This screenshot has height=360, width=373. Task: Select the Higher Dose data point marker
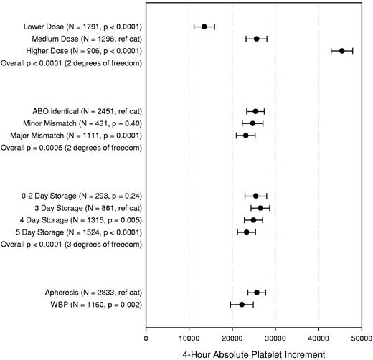[341, 51]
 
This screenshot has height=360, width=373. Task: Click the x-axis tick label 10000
[189, 334]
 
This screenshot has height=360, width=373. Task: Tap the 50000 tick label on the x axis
[361, 334]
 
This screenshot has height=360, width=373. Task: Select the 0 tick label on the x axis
[146, 334]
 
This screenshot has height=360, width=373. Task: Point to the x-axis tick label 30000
[275, 334]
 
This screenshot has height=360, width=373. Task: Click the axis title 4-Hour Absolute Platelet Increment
[253, 352]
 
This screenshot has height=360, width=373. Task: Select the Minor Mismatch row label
[77, 123]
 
